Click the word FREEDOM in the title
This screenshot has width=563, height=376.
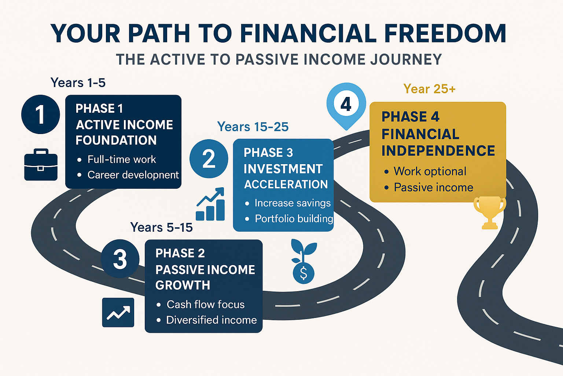pos(445,33)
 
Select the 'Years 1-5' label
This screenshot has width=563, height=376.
pos(78,83)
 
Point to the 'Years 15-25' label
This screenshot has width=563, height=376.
pos(253,126)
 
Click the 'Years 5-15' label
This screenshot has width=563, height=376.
pos(161,227)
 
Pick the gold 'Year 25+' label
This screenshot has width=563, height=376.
pos(429,88)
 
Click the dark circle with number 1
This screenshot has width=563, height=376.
pos(40,114)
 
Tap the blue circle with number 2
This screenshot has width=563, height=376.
pos(209,159)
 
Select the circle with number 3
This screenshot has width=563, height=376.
pos(120,258)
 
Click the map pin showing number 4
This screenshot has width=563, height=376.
pos(346,105)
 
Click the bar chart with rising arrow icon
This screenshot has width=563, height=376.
pos(210,204)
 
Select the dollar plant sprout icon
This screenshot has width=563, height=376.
pos(303,261)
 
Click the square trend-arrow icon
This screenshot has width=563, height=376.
pos(118,312)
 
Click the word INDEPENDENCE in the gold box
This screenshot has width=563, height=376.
pos(438,150)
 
